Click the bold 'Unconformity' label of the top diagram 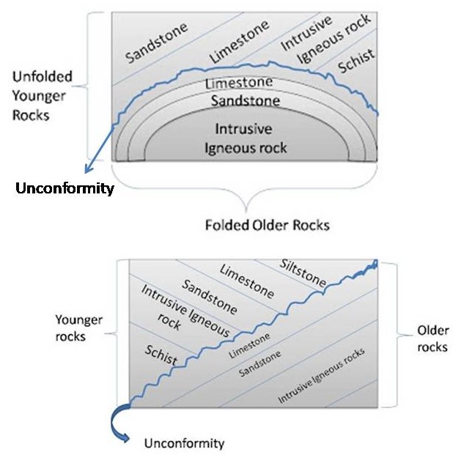tap(65, 189)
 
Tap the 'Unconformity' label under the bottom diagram tap(184, 443)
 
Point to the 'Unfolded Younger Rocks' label tap(42, 96)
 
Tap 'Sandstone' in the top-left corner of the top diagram tap(156, 42)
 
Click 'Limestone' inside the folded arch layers tap(239, 82)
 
